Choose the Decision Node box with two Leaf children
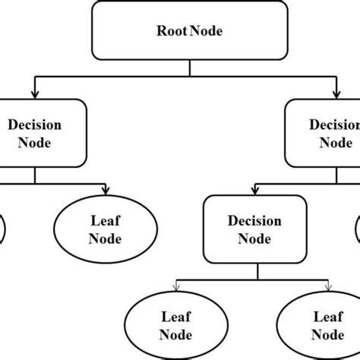click(244, 230)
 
